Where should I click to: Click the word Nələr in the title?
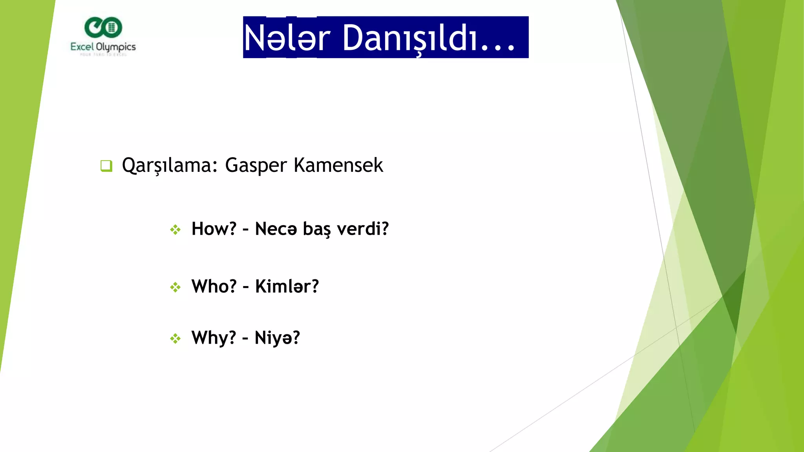coord(287,38)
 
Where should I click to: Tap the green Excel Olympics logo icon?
coord(103,27)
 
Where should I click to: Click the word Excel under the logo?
coord(82,47)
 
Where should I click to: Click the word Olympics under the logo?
coord(116,47)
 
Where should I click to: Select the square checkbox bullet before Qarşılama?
coord(106,166)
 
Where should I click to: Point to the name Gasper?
coord(256,165)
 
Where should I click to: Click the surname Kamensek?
coord(338,165)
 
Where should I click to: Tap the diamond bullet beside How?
coord(175,230)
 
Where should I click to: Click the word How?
coord(214,229)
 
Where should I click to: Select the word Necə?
coord(276,229)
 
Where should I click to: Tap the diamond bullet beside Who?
coord(175,287)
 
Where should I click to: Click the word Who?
coord(214,286)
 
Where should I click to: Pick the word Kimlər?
coord(287,286)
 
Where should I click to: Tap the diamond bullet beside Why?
coord(175,338)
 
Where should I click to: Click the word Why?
coord(214,338)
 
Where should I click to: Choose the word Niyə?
coord(277,338)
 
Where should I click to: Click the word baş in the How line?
coord(317,229)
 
